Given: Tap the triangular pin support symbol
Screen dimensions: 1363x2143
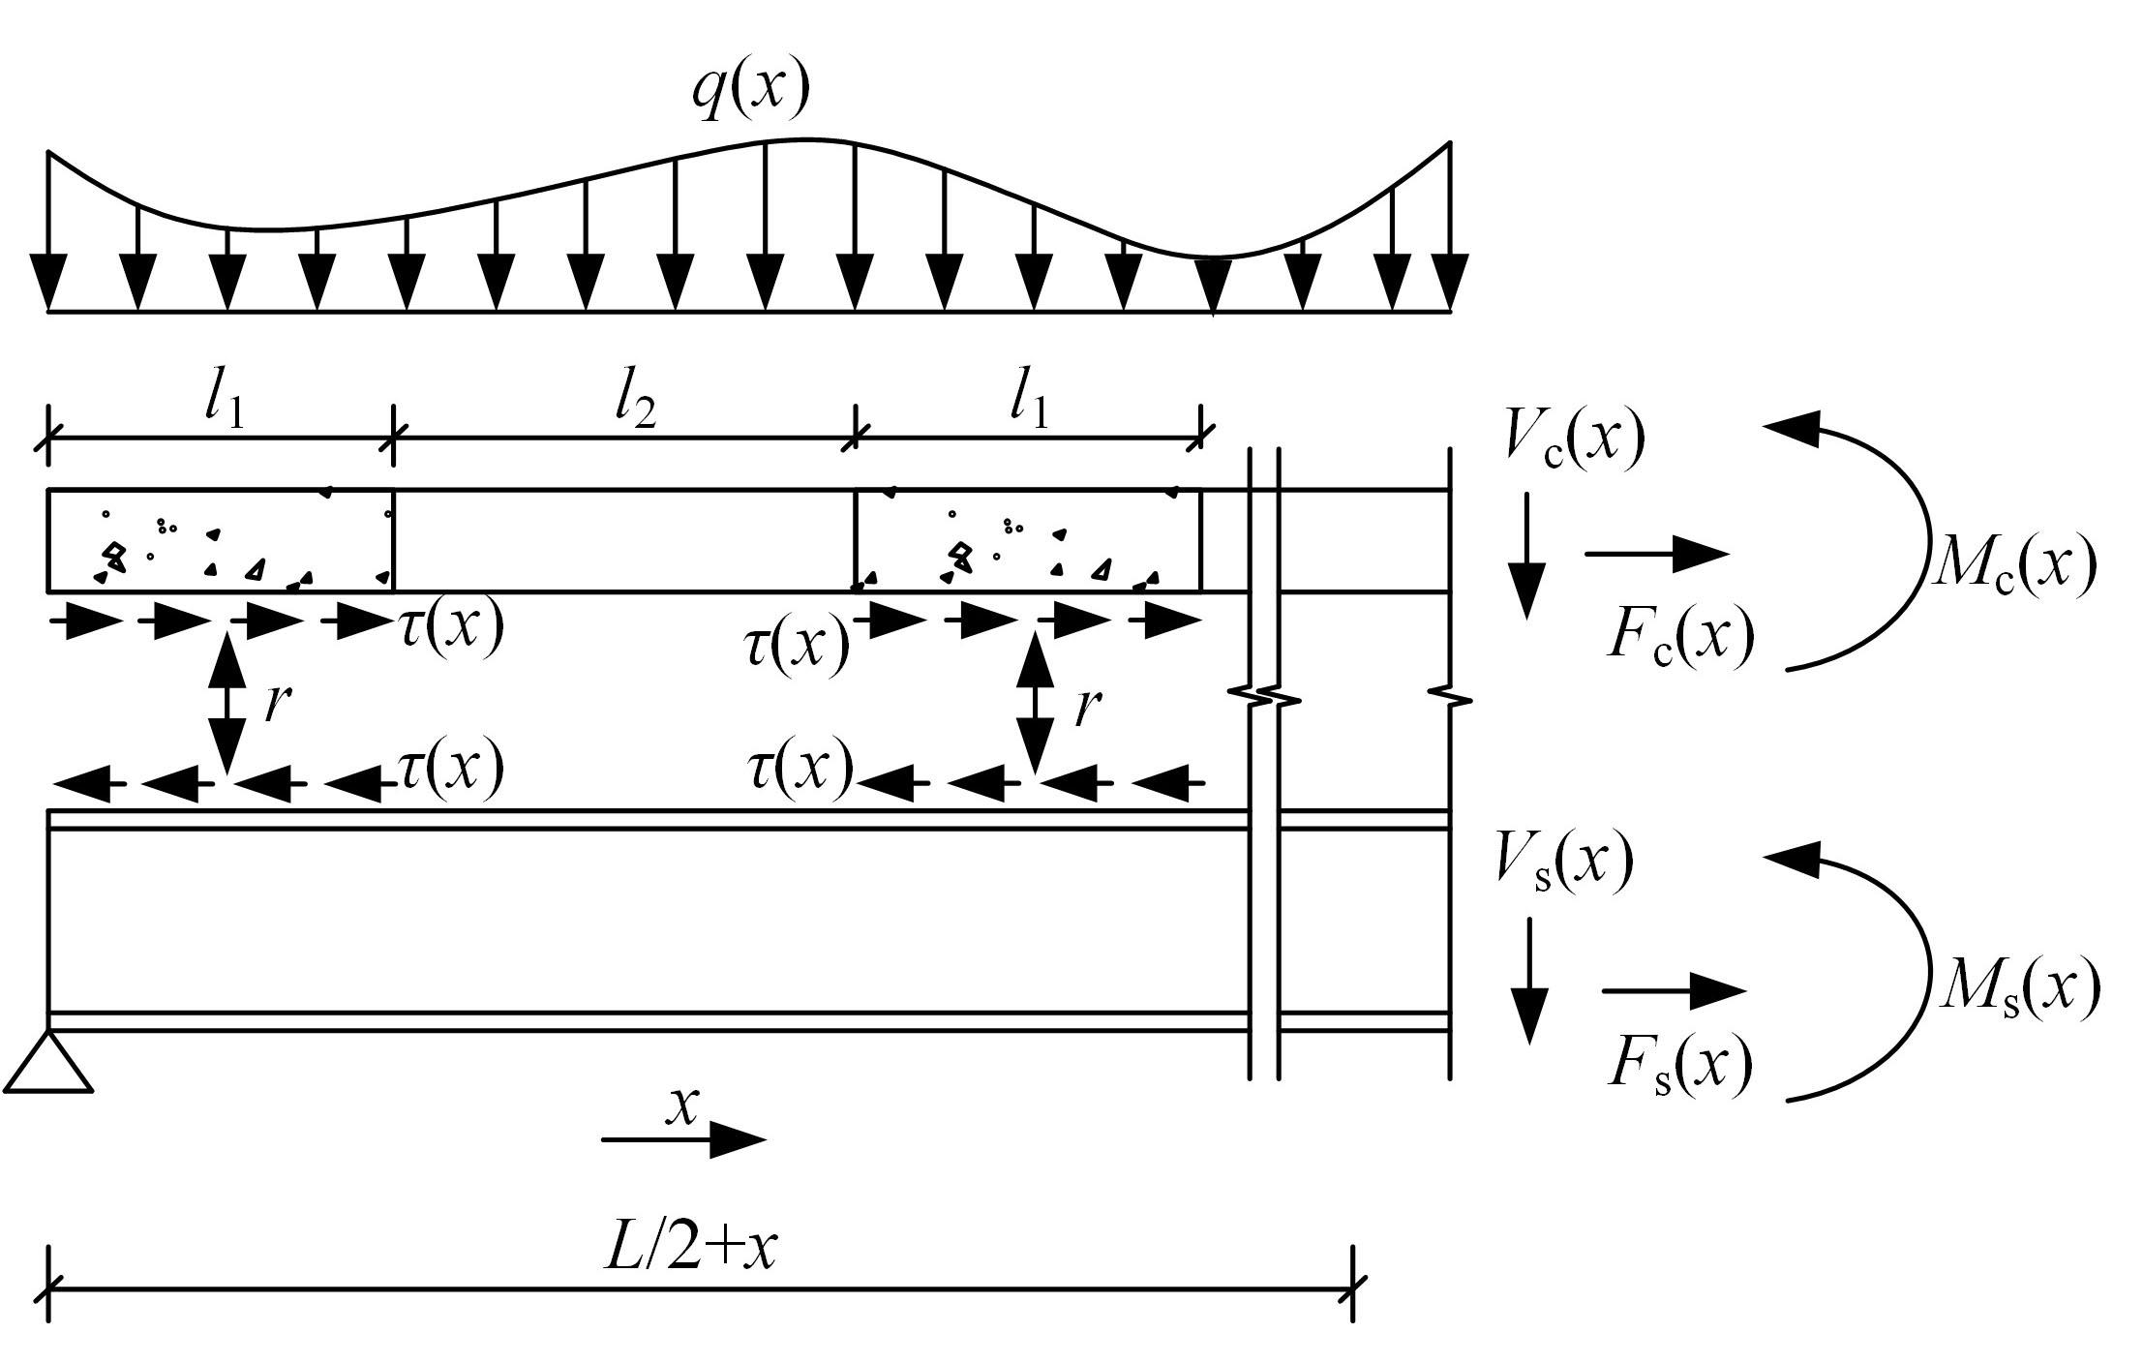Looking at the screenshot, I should (48, 1064).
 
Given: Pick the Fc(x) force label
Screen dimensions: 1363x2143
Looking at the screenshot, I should (1679, 636).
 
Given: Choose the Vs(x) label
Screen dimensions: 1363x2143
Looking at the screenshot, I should (1563, 860).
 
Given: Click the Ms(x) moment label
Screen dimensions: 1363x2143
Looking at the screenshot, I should (2019, 987).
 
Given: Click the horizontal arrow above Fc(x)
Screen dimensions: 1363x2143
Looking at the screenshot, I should (1656, 554).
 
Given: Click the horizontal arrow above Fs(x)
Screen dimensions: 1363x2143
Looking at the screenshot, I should (1674, 990).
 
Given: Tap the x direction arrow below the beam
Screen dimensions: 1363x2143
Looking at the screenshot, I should (683, 1139).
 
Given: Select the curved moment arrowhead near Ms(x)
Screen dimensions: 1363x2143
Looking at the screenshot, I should (1791, 858).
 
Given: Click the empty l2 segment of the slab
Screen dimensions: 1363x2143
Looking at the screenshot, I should (624, 540).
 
